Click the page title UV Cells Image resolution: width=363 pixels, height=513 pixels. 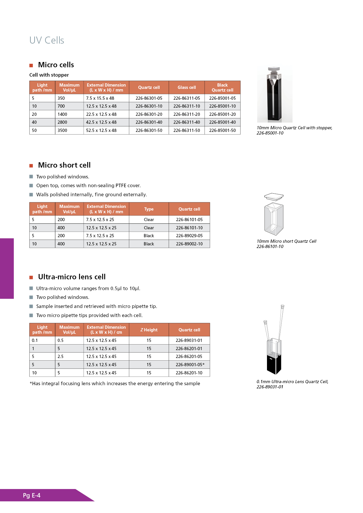click(x=47, y=40)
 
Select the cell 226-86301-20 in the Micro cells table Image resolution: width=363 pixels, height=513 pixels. click(x=149, y=114)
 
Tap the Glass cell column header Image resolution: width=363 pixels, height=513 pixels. click(x=186, y=87)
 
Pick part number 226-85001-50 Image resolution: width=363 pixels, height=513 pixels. click(x=222, y=130)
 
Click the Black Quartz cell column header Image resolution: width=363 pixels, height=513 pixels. click(x=222, y=87)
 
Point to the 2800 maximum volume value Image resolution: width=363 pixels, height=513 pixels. click(x=62, y=122)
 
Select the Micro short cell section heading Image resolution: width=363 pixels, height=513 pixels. click(x=64, y=165)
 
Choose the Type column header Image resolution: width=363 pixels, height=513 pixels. click(x=149, y=209)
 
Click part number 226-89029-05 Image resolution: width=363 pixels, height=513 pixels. click(x=189, y=236)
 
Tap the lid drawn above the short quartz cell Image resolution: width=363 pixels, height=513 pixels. click(x=274, y=196)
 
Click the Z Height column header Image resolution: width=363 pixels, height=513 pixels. click(x=149, y=330)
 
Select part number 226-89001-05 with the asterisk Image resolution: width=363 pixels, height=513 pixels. click(x=190, y=365)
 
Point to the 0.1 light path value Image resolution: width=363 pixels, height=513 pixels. click(x=35, y=340)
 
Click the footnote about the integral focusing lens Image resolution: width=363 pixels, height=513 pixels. click(x=115, y=383)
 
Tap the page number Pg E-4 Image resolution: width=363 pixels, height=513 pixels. click(x=32, y=495)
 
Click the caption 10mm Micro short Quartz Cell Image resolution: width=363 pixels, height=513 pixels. click(x=286, y=241)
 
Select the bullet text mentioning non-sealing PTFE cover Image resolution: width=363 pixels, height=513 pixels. click(x=88, y=185)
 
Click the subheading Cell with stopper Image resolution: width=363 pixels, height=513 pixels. click(x=49, y=75)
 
